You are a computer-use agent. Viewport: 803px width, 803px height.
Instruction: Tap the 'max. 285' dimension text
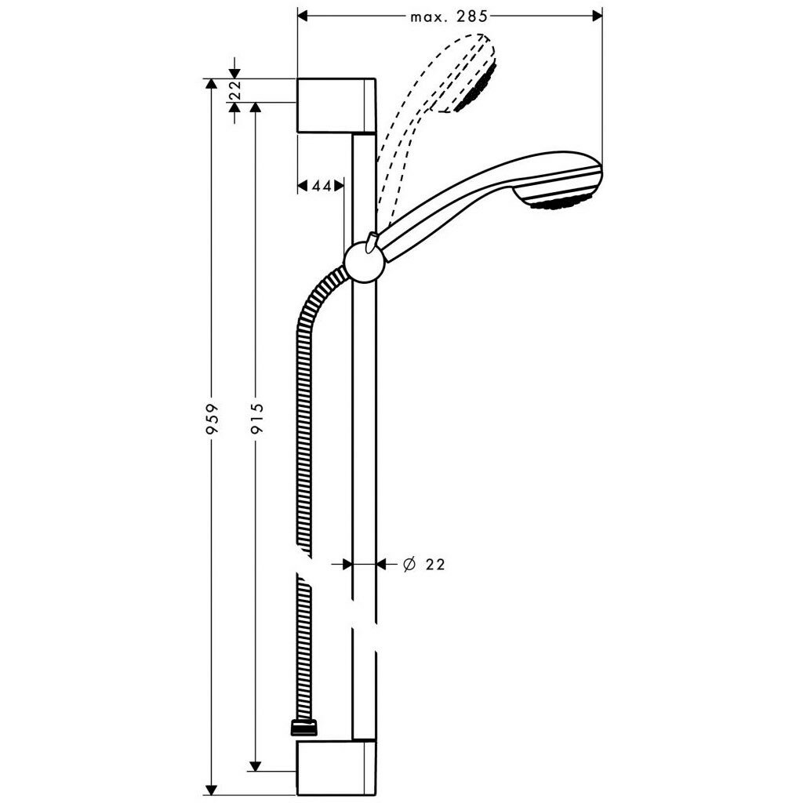point(449,16)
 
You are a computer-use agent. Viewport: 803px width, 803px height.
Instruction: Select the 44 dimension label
point(320,186)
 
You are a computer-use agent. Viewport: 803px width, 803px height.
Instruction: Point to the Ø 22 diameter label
point(423,564)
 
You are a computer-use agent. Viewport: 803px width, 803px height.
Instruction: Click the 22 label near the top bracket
point(234,91)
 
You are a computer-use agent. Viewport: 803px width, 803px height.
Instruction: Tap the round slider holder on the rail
point(363,261)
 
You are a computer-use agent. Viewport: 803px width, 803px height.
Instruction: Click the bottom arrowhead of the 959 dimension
point(209,790)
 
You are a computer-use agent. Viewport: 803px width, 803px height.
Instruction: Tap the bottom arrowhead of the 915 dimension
point(254,765)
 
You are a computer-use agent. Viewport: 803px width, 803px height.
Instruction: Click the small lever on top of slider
point(372,239)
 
